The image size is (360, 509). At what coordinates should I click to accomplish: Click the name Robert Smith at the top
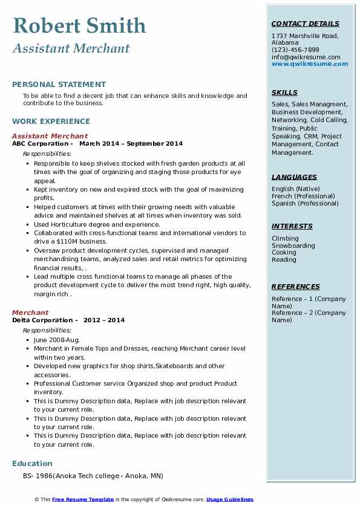[x=79, y=25]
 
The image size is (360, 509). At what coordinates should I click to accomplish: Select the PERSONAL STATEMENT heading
[x=59, y=85]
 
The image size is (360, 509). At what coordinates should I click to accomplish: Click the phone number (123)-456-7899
[x=295, y=50]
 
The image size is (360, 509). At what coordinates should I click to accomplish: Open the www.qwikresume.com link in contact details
[x=310, y=64]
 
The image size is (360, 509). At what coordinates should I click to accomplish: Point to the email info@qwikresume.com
[x=306, y=57]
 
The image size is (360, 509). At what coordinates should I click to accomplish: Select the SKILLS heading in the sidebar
[x=284, y=92]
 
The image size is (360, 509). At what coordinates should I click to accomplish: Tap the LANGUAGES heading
[x=294, y=177]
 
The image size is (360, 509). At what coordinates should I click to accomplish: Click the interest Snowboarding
[x=293, y=245]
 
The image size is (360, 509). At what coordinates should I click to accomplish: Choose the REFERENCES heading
[x=296, y=287]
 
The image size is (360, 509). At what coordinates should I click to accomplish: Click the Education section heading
[x=32, y=464]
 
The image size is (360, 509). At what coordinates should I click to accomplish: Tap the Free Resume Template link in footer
[x=83, y=499]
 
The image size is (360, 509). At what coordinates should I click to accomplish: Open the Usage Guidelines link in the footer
[x=230, y=499]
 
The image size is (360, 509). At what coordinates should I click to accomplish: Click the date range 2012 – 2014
[x=104, y=320]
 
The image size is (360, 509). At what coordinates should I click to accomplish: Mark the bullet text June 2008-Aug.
[x=56, y=340]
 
